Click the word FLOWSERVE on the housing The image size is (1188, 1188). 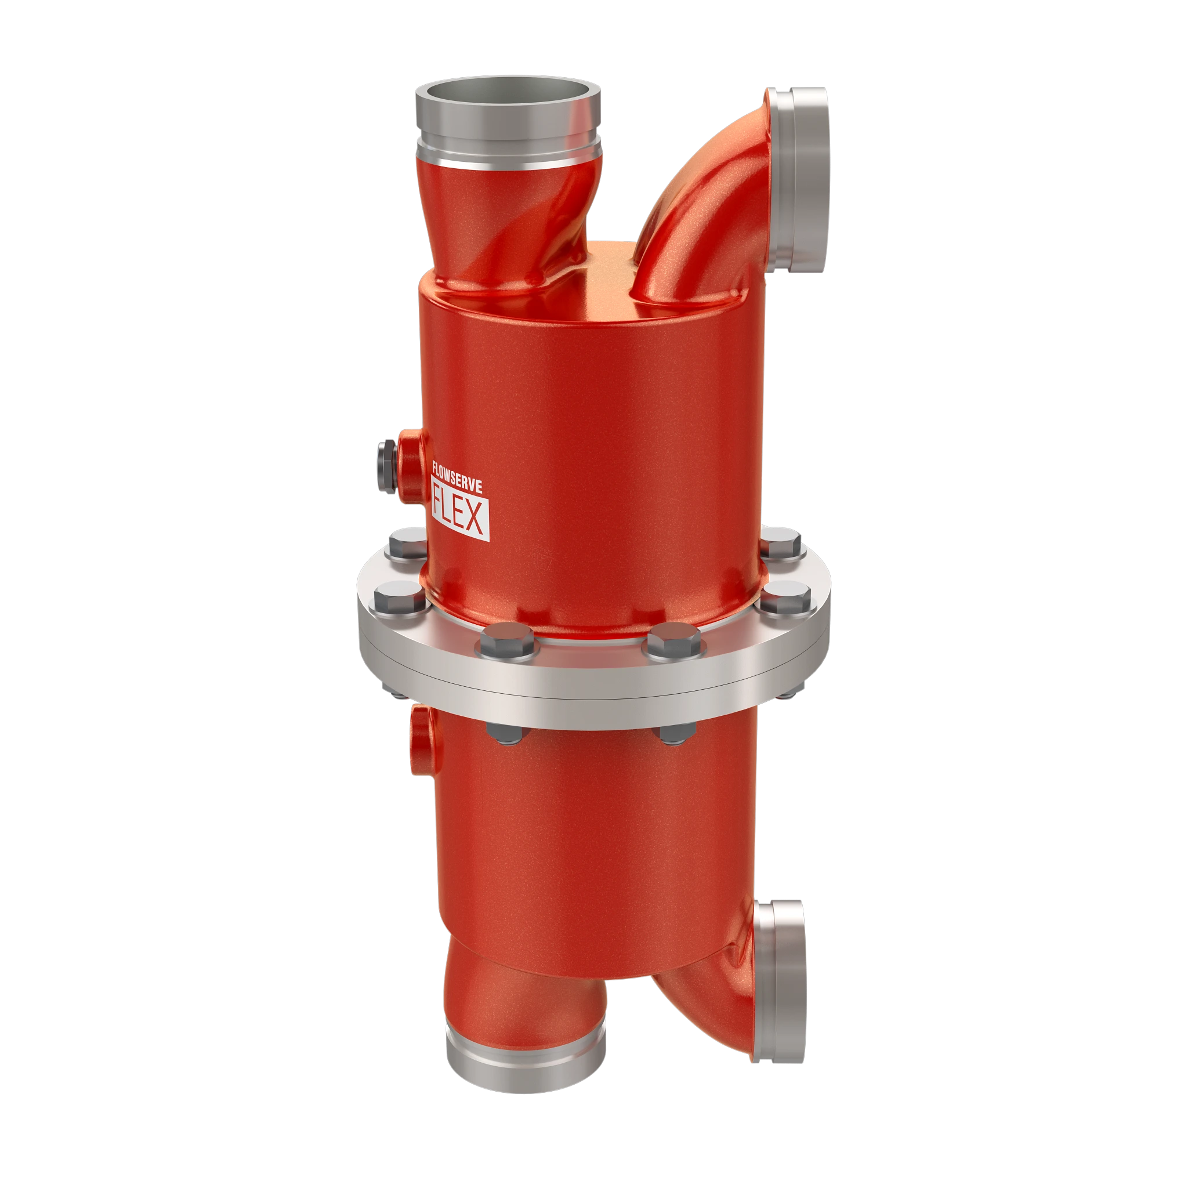click(x=457, y=477)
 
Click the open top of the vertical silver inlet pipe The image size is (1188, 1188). click(x=508, y=95)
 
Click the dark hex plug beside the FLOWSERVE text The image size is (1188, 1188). click(x=387, y=468)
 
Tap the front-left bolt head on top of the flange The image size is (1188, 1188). click(x=508, y=641)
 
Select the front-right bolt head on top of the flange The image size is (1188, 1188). click(x=674, y=641)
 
